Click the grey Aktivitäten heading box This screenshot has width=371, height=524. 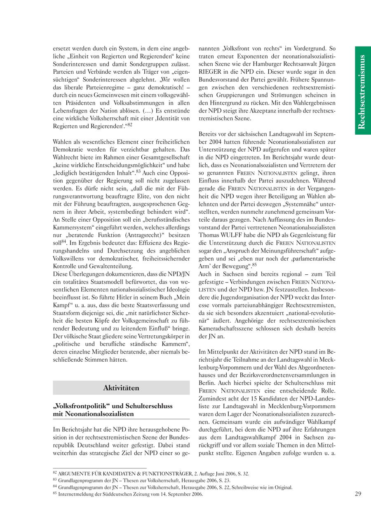click(x=121, y=388)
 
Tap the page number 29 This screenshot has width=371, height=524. click(x=358, y=494)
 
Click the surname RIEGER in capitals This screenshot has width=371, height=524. click(x=209, y=72)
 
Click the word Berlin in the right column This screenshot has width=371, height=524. click(x=208, y=383)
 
